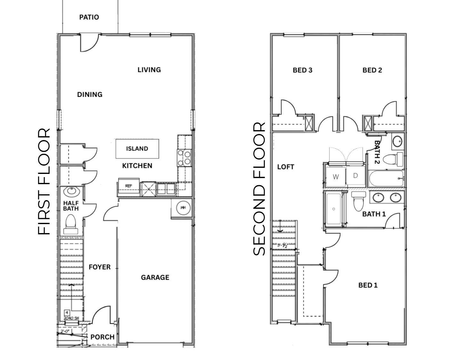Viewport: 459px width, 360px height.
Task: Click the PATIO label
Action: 89,17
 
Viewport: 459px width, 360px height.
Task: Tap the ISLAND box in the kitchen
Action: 137,149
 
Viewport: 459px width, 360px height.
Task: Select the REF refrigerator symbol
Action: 128,186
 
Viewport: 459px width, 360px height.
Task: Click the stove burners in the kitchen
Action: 184,158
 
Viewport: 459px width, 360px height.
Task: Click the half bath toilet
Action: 70,223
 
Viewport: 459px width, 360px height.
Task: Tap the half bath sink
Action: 71,192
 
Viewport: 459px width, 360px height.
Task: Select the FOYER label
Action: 99,267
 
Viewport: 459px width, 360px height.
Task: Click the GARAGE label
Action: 155,278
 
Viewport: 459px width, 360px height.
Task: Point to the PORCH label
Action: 102,337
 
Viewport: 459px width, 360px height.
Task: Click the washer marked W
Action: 336,177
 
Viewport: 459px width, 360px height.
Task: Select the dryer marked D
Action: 355,176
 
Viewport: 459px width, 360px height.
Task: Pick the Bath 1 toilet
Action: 358,201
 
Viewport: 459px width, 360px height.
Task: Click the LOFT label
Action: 285,167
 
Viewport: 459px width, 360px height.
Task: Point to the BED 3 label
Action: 302,70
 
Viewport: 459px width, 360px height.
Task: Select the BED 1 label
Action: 368,285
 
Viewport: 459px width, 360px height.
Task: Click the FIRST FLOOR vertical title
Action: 44,182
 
